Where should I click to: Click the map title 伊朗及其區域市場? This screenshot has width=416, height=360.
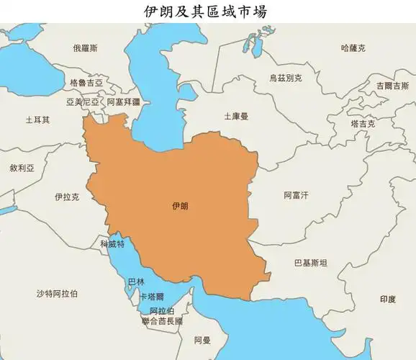[208, 12]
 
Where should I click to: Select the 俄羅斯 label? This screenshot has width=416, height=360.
[86, 48]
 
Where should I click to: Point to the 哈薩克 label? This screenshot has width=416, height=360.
[353, 48]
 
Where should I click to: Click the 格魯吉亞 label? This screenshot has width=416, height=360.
[86, 83]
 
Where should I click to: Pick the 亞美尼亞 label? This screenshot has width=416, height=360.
[83, 102]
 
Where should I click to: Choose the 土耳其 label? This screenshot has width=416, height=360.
[37, 120]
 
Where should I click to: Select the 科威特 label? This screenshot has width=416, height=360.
[113, 244]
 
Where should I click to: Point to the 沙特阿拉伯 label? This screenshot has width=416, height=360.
[58, 293]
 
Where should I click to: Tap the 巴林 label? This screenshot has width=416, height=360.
[135, 282]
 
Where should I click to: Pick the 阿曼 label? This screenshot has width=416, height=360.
[202, 340]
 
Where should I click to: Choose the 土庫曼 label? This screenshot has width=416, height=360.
[235, 116]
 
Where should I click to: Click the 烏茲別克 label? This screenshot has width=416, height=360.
[286, 78]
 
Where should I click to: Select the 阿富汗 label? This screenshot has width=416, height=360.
[296, 195]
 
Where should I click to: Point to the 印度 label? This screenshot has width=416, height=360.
[388, 299]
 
